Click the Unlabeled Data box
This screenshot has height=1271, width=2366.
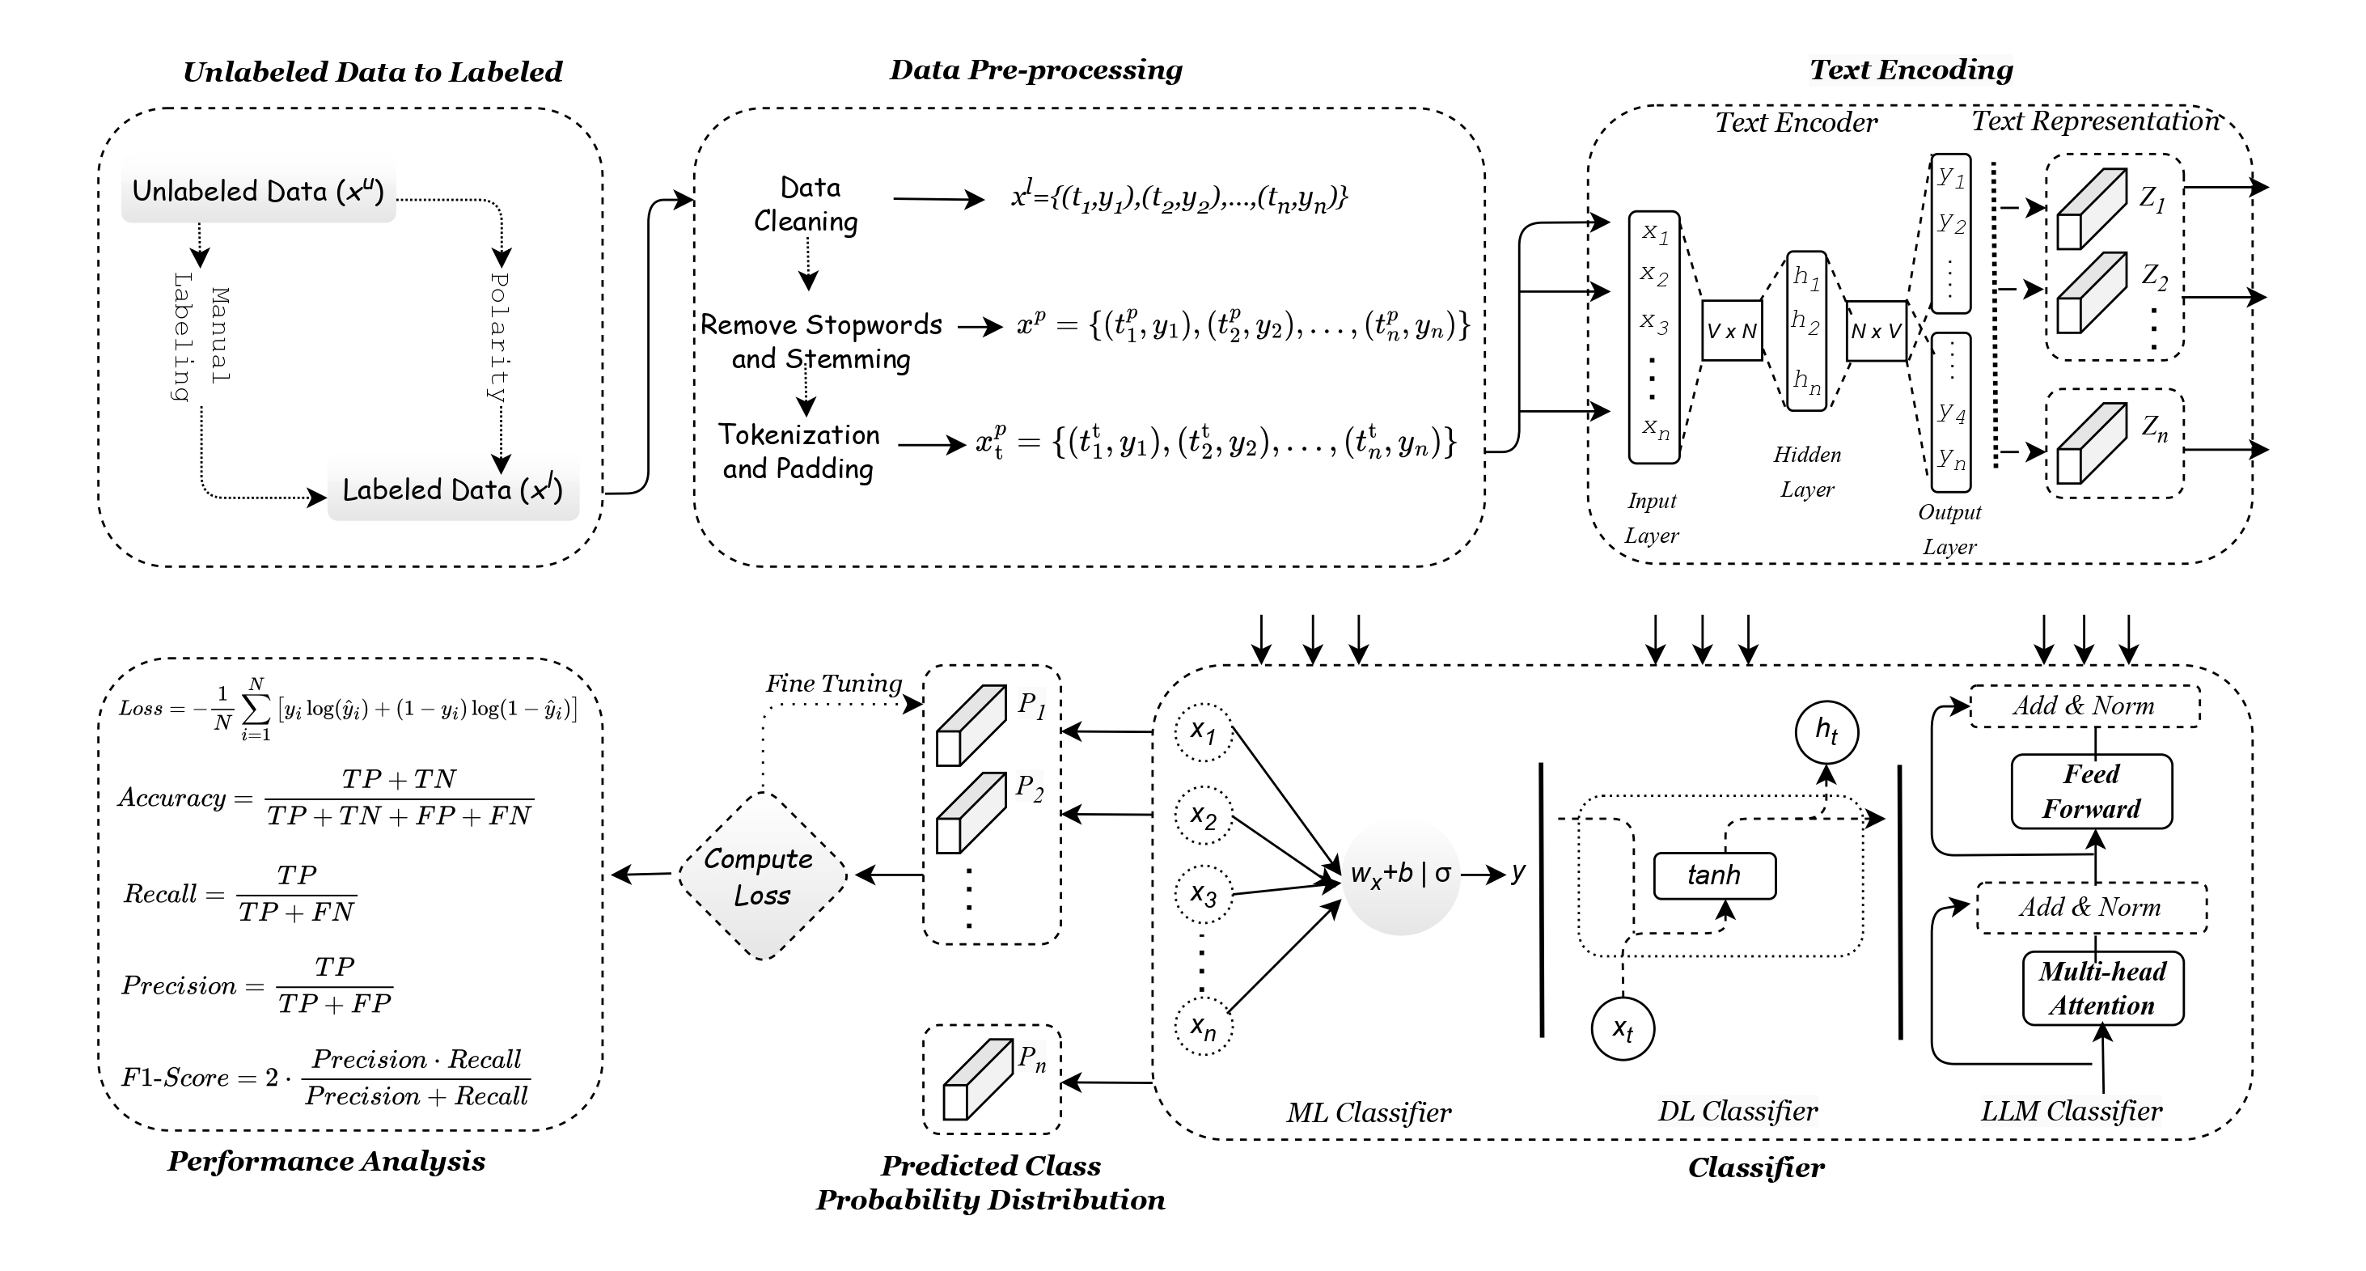pyautogui.click(x=258, y=192)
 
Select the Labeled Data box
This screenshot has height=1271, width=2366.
pyautogui.click(x=453, y=490)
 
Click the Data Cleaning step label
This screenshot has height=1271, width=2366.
pyautogui.click(x=806, y=205)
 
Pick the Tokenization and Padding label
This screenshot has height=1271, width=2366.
pyautogui.click(x=798, y=451)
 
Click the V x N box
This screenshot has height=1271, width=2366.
pyautogui.click(x=1731, y=331)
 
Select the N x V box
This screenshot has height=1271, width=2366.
pyautogui.click(x=1876, y=331)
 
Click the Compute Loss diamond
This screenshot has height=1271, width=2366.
pyautogui.click(x=761, y=876)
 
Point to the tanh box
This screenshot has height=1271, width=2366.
pyautogui.click(x=1714, y=875)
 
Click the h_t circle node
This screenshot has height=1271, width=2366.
pyautogui.click(x=1826, y=732)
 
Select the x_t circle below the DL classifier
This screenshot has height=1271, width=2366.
pyautogui.click(x=1623, y=1028)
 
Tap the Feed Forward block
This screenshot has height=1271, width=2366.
pyautogui.click(x=2091, y=791)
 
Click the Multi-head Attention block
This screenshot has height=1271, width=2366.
pyautogui.click(x=2102, y=988)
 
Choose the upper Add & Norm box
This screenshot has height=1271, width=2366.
pyautogui.click(x=2084, y=706)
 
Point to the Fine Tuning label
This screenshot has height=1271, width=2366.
pyautogui.click(x=833, y=684)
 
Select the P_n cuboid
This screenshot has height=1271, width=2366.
pyautogui.click(x=977, y=1079)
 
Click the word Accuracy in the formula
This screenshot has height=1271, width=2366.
pyautogui.click(x=171, y=798)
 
